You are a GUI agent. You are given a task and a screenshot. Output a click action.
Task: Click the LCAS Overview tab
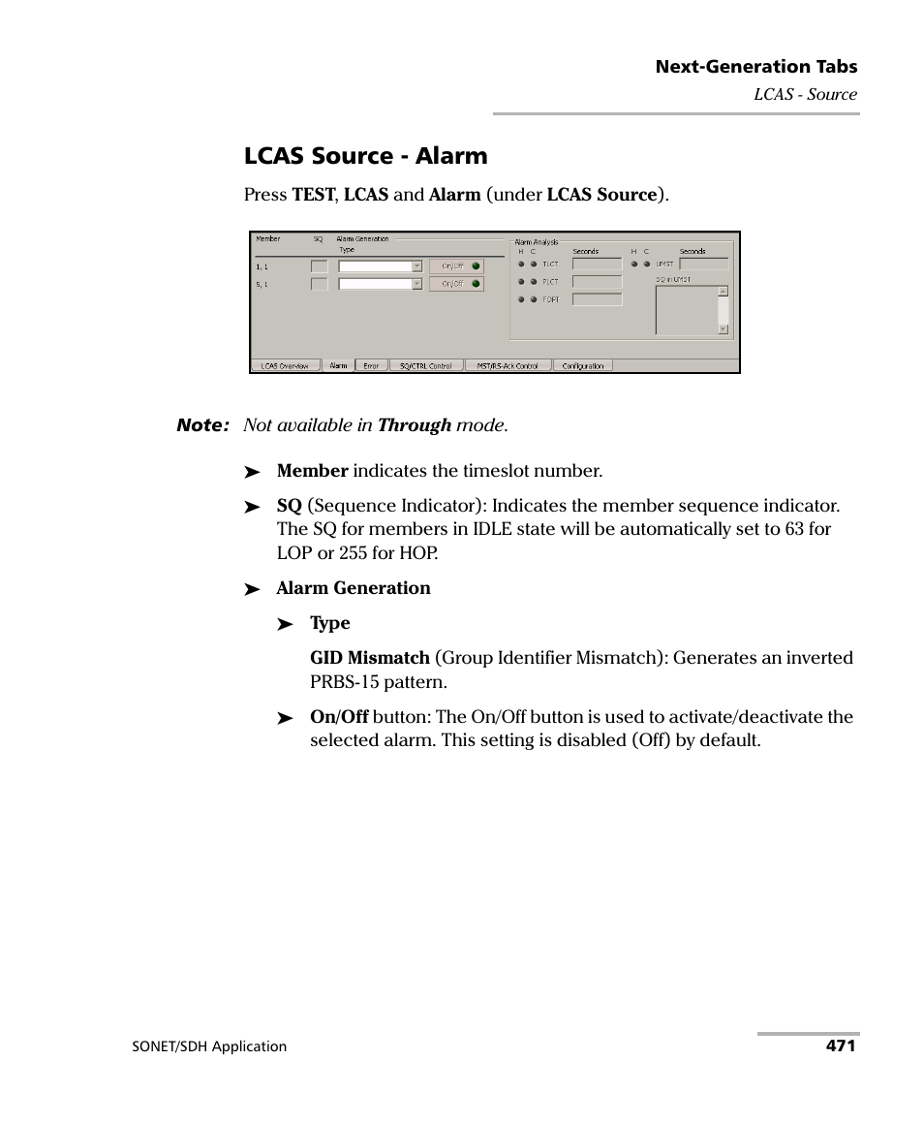[285, 366]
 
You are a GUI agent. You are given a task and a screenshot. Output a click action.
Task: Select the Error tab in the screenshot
[371, 366]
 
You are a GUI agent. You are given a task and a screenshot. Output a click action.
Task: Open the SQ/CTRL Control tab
[426, 366]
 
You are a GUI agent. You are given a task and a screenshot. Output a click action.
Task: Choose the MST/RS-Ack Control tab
[508, 366]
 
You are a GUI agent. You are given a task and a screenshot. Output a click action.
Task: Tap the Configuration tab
[582, 366]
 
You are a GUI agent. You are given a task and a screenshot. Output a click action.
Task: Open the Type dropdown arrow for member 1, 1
[416, 265]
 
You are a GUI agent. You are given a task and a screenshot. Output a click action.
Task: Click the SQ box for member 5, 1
[319, 284]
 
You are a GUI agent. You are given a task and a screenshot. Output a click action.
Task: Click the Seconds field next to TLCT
[597, 264]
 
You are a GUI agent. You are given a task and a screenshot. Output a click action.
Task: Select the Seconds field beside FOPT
[597, 299]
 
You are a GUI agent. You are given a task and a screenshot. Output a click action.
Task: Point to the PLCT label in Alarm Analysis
[550, 282]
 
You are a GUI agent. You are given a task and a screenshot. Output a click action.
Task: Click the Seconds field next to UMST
[703, 264]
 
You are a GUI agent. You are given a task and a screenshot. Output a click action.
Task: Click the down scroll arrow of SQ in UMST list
[723, 329]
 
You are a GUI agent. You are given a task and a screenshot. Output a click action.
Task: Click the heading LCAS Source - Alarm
[365, 156]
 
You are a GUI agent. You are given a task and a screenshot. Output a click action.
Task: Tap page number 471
[840, 1045]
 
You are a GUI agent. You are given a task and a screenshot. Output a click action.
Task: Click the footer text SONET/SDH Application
[209, 1046]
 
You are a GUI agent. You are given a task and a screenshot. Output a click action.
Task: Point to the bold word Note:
[202, 425]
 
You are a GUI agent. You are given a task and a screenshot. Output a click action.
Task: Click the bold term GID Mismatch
[369, 658]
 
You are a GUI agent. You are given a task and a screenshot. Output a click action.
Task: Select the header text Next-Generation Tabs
[755, 67]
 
